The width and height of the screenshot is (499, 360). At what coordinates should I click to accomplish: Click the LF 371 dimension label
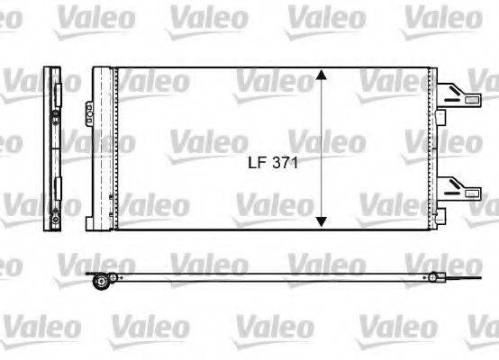[273, 164]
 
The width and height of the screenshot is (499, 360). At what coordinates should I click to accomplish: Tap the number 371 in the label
[286, 164]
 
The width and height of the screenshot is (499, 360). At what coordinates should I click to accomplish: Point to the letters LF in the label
[256, 164]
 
